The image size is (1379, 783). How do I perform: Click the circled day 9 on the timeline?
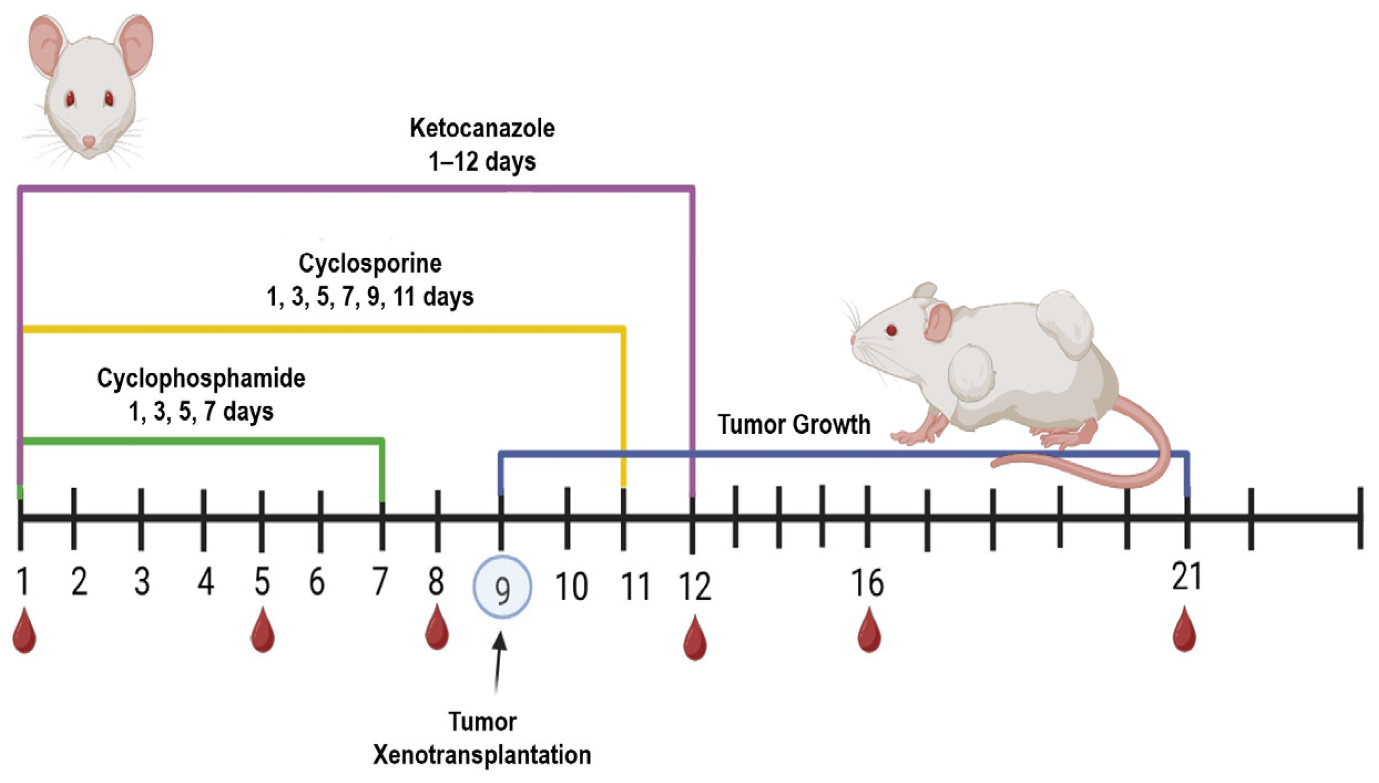point(502,587)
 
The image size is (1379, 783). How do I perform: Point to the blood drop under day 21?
point(1185,632)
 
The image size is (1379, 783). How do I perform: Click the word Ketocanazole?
point(482,129)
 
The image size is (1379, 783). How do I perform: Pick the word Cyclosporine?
point(370,264)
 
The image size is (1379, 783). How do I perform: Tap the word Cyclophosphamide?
point(201,379)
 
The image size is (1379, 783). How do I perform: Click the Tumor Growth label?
point(794,425)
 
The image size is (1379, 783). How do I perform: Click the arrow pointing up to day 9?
point(499,662)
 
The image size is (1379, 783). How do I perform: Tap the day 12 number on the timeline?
point(694,587)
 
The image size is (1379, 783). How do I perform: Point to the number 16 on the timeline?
point(867,584)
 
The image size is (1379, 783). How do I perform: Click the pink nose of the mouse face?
point(89,142)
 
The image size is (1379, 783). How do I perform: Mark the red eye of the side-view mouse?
point(892,331)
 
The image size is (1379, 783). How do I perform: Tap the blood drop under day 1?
point(24,633)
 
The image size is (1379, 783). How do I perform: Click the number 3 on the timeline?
point(142,582)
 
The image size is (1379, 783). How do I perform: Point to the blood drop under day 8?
point(436,629)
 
